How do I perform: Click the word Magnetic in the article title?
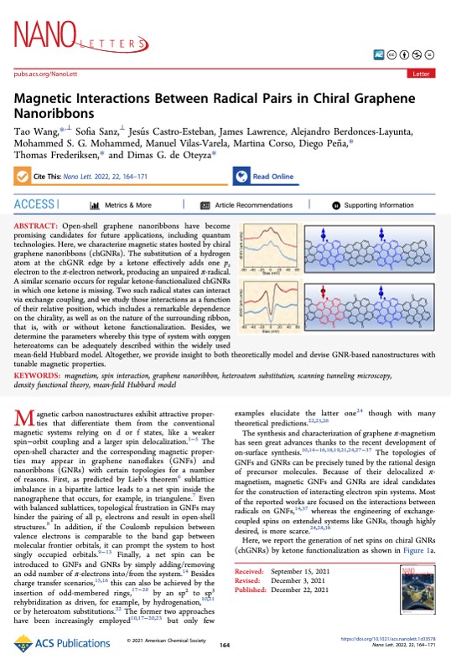coord(53,99)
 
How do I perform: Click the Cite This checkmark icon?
coord(23,178)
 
